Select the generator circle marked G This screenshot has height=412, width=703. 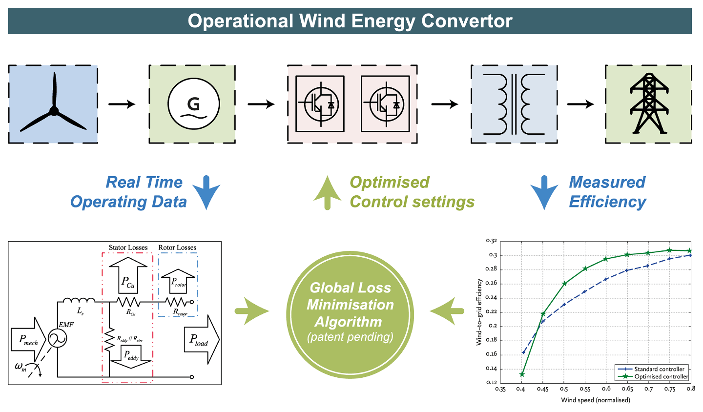pyautogui.click(x=193, y=104)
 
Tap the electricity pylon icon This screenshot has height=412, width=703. pyautogui.click(x=648, y=104)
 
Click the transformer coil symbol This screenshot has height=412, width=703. pyautogui.click(x=514, y=104)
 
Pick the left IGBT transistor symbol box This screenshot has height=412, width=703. pyautogui.click(x=320, y=104)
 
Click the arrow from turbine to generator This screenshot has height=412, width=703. pyautogui.click(x=122, y=104)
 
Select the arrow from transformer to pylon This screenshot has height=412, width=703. pyautogui.click(x=580, y=104)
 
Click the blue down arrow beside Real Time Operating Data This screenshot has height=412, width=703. pyautogui.click(x=207, y=191)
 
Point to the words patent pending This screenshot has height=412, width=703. pyautogui.click(x=350, y=337)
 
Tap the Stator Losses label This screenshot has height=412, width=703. pyautogui.click(x=128, y=247)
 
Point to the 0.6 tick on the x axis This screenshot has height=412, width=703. pyautogui.click(x=606, y=389)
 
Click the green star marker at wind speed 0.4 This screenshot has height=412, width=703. pyautogui.click(x=522, y=374)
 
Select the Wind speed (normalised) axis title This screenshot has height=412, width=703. pyautogui.click(x=596, y=400)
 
